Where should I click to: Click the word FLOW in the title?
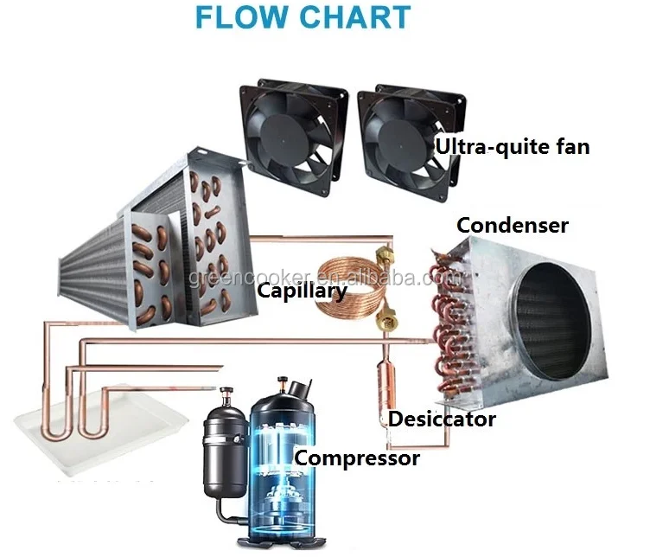[241, 17]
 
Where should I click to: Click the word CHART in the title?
[354, 17]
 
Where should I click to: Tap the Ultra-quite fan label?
[512, 147]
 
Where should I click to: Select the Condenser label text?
[513, 225]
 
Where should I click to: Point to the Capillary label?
[303, 291]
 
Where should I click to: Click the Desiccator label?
[442, 419]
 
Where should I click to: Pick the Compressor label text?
[357, 458]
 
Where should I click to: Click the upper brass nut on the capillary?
[382, 257]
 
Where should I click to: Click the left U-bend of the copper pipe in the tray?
[54, 432]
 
